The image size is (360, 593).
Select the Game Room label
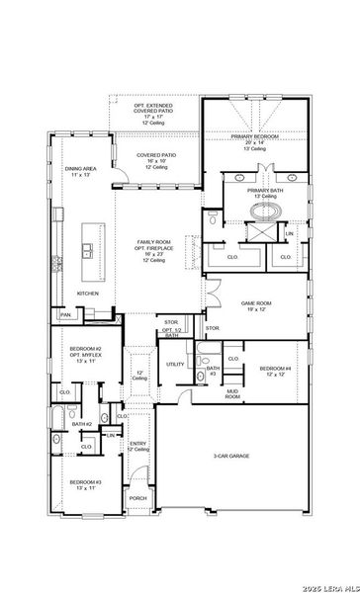(x=255, y=305)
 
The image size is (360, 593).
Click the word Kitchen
(x=87, y=294)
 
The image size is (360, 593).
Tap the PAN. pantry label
(x=65, y=314)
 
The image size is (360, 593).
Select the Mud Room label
(x=232, y=395)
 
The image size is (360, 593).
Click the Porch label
(x=137, y=498)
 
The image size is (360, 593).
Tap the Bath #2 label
(x=82, y=424)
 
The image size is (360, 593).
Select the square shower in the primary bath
(x=263, y=233)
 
